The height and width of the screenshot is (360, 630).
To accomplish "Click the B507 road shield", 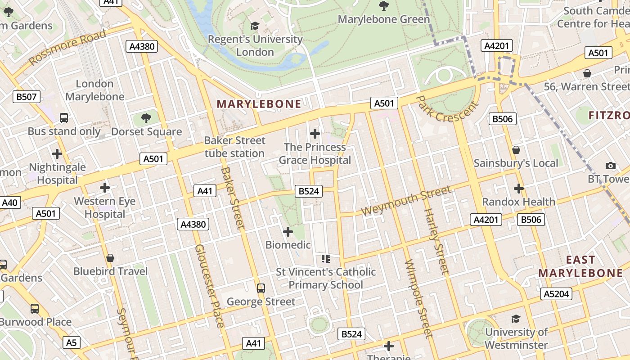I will [x=27, y=96].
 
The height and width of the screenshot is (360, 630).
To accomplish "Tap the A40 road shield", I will [x=9, y=202].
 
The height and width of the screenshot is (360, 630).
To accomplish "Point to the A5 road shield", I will [x=72, y=342].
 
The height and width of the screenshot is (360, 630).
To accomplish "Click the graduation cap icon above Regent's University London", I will [x=255, y=26].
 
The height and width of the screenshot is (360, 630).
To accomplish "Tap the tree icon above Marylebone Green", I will [x=384, y=6].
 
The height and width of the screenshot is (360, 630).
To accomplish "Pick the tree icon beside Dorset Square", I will [x=146, y=118].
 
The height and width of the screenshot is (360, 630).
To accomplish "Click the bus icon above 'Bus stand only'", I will [x=64, y=118].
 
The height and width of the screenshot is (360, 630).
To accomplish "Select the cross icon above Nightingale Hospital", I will [x=57, y=154].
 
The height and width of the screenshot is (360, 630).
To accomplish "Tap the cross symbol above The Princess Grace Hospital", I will [x=315, y=134].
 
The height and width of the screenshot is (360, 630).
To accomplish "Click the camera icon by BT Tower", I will [x=611, y=166].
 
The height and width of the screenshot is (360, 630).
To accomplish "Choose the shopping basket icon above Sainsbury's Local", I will [x=516, y=149].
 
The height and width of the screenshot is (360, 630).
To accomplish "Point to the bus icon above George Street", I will [x=261, y=288].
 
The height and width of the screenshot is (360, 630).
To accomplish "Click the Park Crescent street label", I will [x=446, y=108].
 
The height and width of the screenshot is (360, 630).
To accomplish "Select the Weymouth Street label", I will [x=406, y=201].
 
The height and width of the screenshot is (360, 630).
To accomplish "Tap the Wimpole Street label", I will [x=418, y=298].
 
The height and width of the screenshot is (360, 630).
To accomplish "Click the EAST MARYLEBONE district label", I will [x=580, y=266].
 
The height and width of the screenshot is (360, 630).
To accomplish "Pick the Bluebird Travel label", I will [x=110, y=271].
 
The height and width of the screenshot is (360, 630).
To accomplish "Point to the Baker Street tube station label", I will [x=234, y=147].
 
